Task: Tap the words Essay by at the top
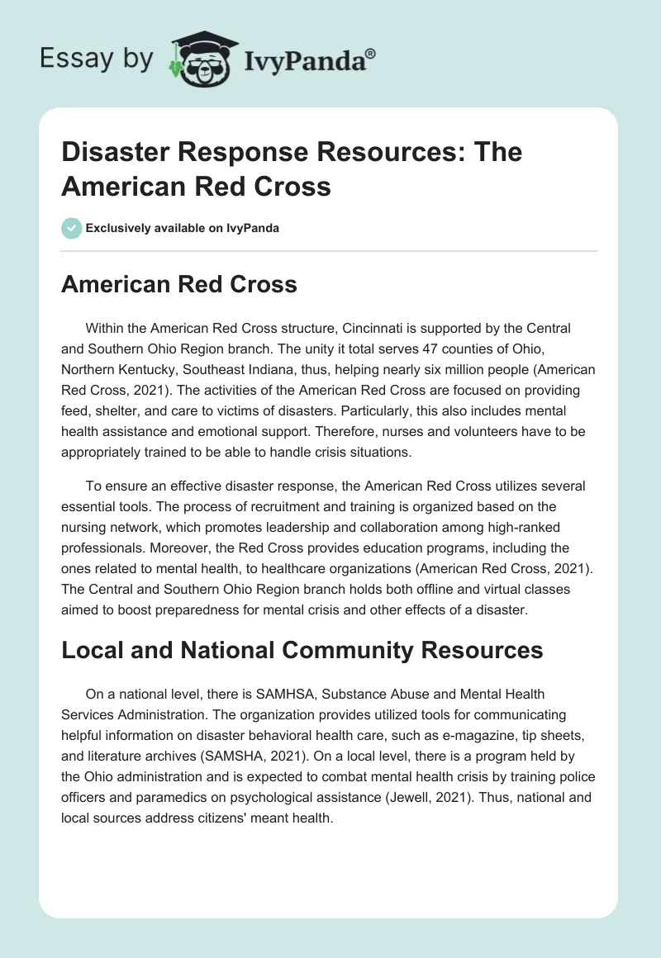[96, 59]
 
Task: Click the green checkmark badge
[72, 228]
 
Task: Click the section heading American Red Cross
[178, 284]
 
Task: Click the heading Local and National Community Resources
[302, 650]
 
